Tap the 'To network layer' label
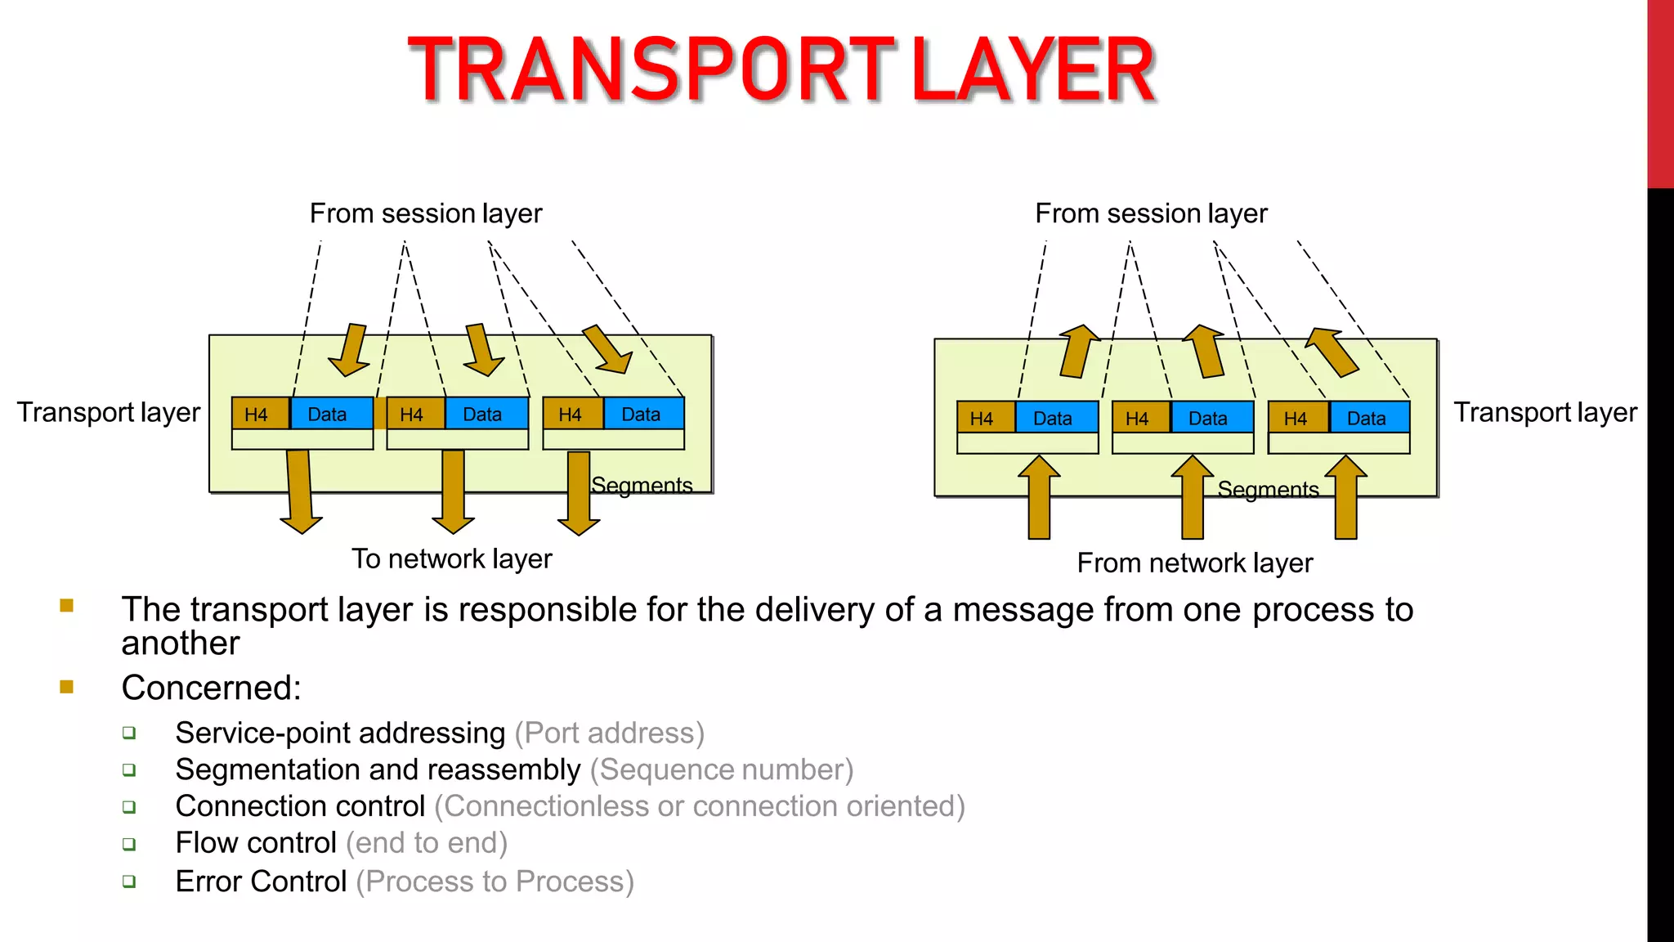click(451, 559)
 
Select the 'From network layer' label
click(1194, 563)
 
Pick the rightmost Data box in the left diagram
click(642, 414)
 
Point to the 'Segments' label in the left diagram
click(642, 486)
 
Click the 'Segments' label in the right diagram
click(1268, 490)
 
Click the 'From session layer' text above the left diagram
click(425, 214)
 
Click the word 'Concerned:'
click(211, 688)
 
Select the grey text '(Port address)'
click(609, 733)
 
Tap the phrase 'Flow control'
click(256, 843)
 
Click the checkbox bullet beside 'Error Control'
click(129, 881)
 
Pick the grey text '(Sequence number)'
click(721, 770)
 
